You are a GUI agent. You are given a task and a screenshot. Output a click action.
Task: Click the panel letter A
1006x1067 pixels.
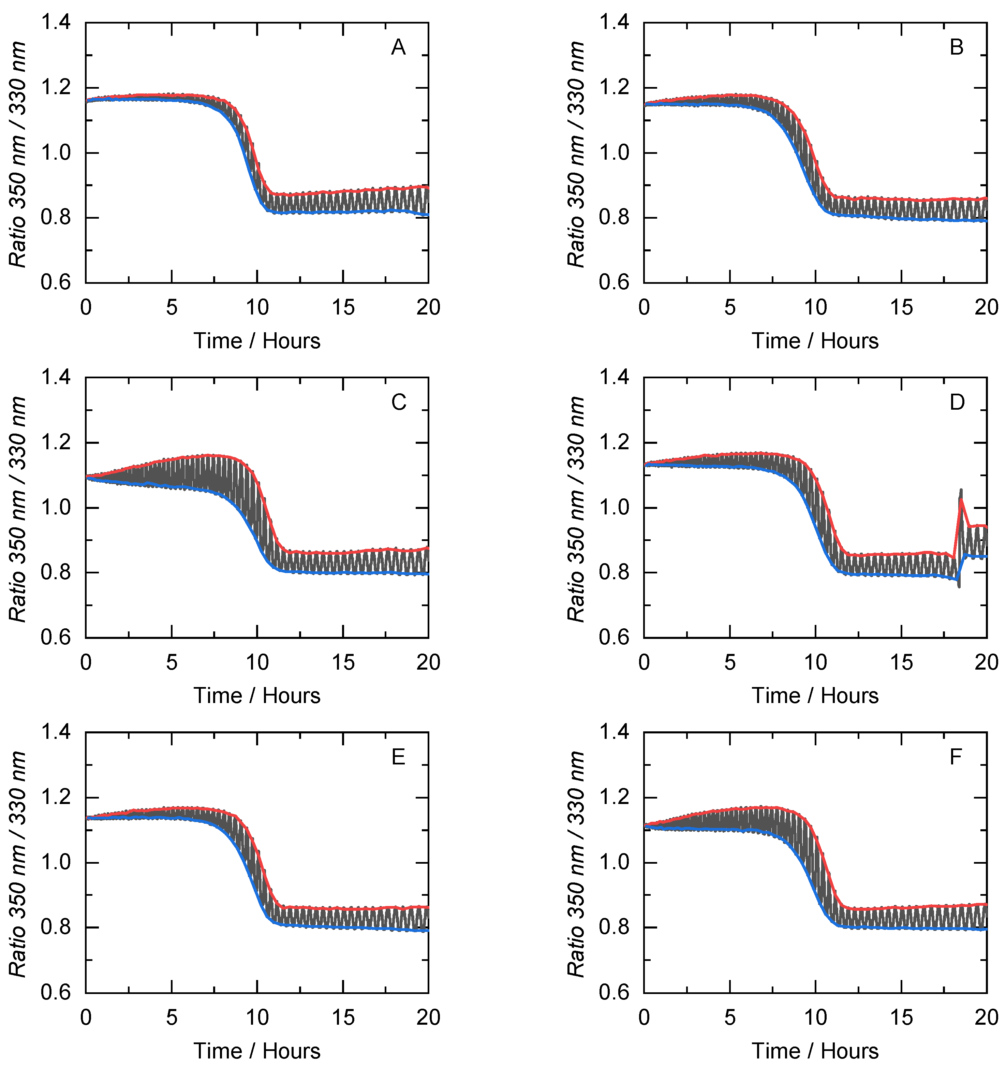click(x=398, y=48)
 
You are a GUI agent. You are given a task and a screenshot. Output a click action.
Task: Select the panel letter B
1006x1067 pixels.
click(x=956, y=48)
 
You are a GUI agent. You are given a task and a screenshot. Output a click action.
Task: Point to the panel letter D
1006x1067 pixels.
click(x=957, y=403)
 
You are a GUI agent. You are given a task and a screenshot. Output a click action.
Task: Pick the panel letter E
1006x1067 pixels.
click(x=398, y=757)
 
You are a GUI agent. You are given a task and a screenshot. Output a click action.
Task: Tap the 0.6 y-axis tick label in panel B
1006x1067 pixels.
click(x=614, y=282)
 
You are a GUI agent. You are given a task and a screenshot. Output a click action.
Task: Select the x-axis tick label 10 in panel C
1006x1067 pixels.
click(x=257, y=663)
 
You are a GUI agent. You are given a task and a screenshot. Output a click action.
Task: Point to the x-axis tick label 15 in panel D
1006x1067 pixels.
click(x=901, y=663)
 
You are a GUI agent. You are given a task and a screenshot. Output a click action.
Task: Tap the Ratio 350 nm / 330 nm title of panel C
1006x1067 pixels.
click(x=18, y=509)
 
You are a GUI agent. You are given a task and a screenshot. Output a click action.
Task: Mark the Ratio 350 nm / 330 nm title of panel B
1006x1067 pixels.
click(x=576, y=154)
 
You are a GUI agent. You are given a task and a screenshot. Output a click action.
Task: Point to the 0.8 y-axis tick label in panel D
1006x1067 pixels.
click(x=614, y=573)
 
